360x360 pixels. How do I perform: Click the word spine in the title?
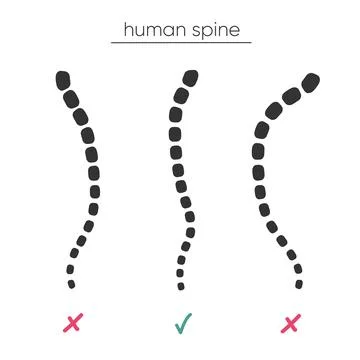pos(214,32)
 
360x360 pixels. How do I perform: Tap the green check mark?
pos(181,322)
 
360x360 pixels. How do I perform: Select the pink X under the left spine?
pos(72,322)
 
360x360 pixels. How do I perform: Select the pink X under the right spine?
pos(290,322)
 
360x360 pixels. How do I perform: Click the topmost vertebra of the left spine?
pos(63,77)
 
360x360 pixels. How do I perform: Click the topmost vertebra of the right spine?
pos(309,81)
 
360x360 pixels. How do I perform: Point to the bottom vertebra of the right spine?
pos(298,281)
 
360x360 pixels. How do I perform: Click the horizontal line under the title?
pos(180,44)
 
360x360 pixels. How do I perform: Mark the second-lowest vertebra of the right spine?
pos(296,271)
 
